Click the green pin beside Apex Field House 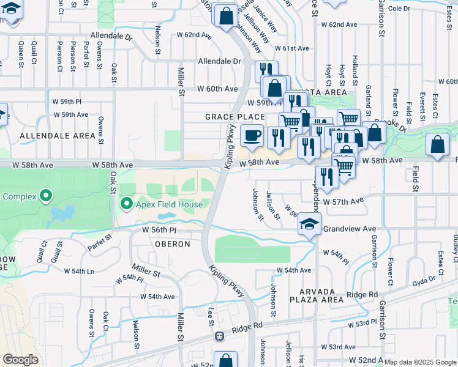pos(127,202)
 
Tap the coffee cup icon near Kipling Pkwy pos(251,136)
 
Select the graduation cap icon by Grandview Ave pos(310,224)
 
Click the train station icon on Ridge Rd pos(219,336)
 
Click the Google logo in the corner pos(21,360)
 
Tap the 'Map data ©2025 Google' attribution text pos(420,362)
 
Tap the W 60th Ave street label pos(217,89)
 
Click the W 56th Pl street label pos(159,230)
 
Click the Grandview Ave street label pos(345,229)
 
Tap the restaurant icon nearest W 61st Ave pos(266,69)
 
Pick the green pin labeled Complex pos(45,196)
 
